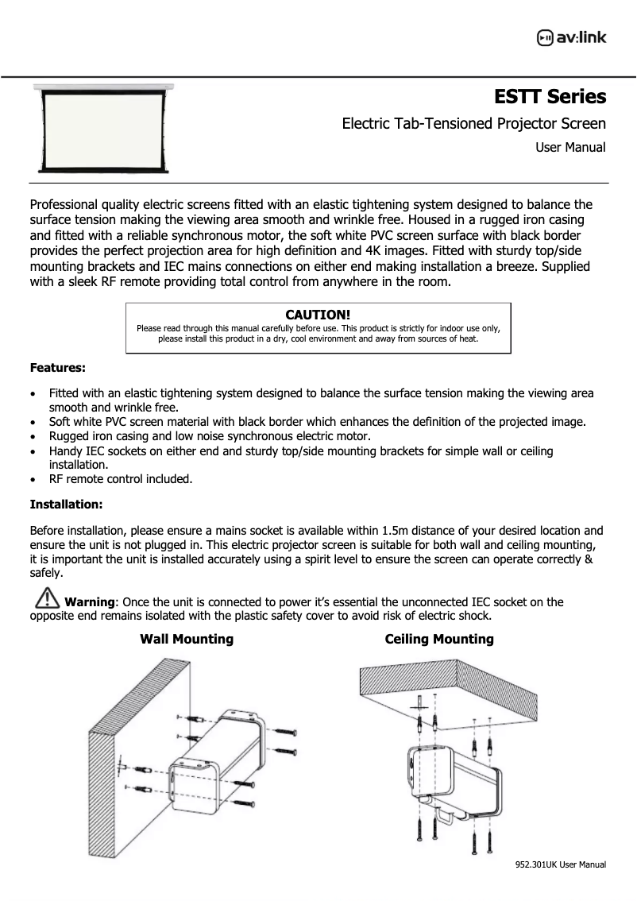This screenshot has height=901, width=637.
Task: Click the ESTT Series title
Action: coord(550,97)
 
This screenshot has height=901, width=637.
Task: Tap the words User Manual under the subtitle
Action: coord(570,147)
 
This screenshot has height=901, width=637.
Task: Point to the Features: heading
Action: coord(58,368)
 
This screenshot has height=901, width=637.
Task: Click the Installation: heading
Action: coord(66,504)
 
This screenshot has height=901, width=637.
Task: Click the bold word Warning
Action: coord(90,602)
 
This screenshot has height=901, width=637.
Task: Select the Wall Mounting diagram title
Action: coord(187,639)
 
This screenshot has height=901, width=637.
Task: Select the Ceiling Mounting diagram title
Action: coord(439,639)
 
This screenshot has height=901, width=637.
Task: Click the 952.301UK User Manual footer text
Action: coord(561,864)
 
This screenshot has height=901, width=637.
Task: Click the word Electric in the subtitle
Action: coord(365,123)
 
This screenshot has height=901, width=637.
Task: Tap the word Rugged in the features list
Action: coord(71,436)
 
